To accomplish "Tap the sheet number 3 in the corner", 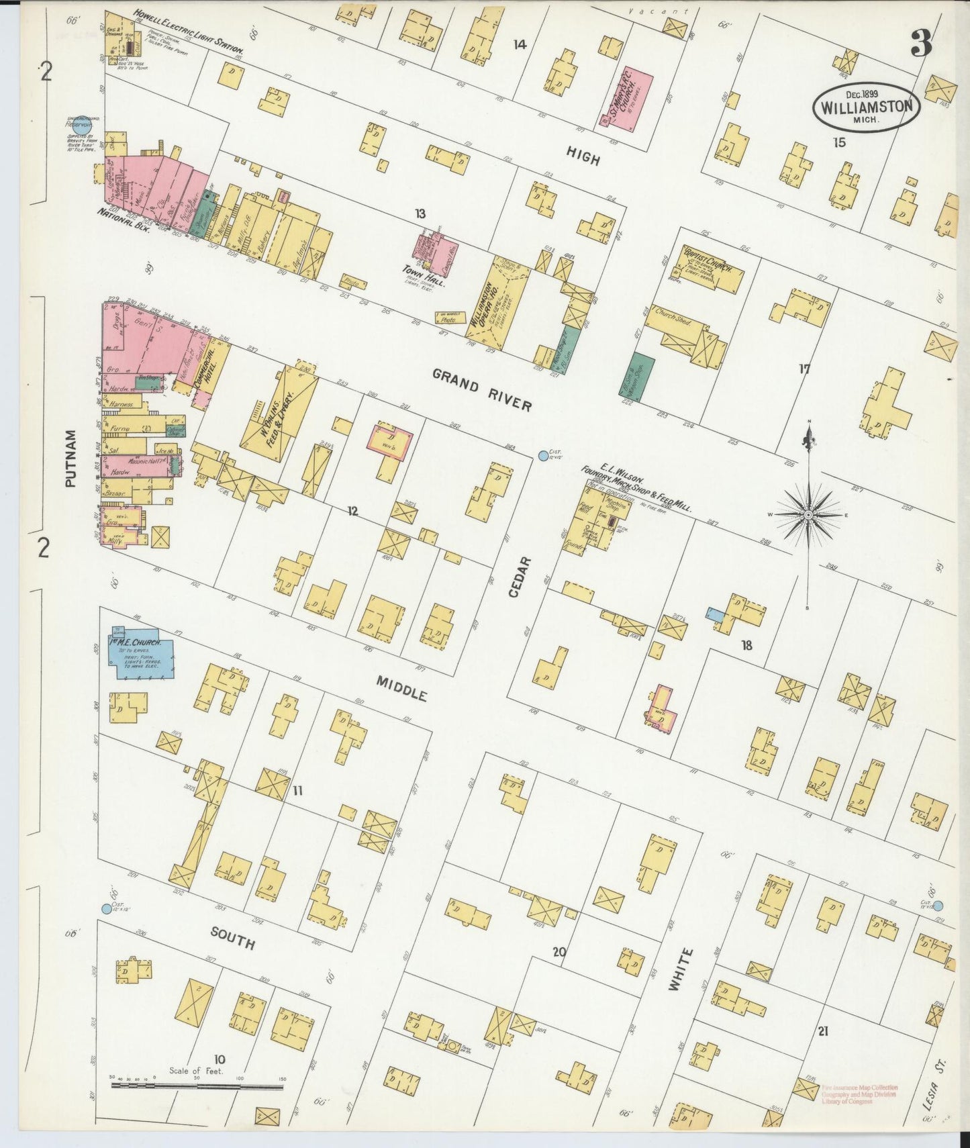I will tap(922, 45).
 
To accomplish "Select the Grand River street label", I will tap(482, 389).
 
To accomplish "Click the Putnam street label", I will tap(72, 458).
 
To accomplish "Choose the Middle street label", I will tap(401, 688).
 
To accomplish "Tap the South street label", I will tap(232, 938).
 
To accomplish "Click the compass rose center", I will tap(809, 514).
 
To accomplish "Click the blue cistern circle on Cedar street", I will tap(542, 457).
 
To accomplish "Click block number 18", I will tap(746, 646).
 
